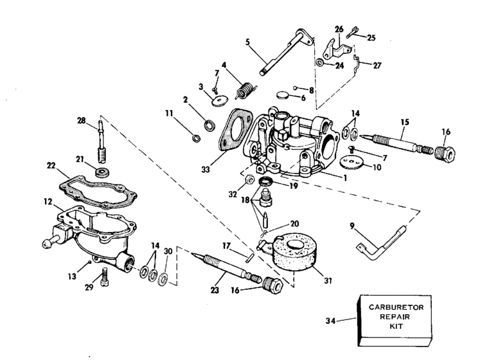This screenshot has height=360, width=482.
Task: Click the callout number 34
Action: [331, 321]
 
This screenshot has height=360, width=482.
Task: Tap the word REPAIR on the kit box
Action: [395, 317]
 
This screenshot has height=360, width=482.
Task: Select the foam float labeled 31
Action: [294, 253]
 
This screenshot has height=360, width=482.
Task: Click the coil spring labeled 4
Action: [246, 90]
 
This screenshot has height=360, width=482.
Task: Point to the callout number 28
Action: [82, 120]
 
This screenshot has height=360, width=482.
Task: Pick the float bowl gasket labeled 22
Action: [98, 191]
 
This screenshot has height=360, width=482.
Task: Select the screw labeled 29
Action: [105, 277]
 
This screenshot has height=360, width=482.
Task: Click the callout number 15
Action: [405, 122]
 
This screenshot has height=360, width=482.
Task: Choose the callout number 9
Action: [352, 226]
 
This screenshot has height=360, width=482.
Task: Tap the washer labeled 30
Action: [163, 279]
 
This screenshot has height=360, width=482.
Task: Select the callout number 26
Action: [339, 29]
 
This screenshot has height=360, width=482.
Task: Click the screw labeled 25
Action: [352, 32]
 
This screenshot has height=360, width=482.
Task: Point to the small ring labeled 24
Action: [319, 62]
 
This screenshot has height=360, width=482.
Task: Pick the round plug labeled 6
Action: [283, 95]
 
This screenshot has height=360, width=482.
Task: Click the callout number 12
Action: [48, 201]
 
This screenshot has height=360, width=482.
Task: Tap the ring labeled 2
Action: [210, 125]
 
